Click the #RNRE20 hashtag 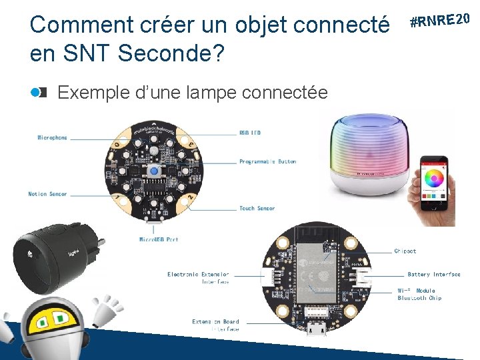click(x=442, y=19)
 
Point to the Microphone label click(x=52, y=138)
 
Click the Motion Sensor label click(x=47, y=194)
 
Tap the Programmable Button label click(x=267, y=161)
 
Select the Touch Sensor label click(x=257, y=209)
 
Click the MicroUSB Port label click(x=158, y=239)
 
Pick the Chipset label click(x=405, y=251)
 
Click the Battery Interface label click(x=433, y=275)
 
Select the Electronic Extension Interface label click(x=198, y=278)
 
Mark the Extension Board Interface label click(x=215, y=325)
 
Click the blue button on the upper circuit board click(x=154, y=173)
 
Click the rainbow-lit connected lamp click(x=369, y=153)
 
